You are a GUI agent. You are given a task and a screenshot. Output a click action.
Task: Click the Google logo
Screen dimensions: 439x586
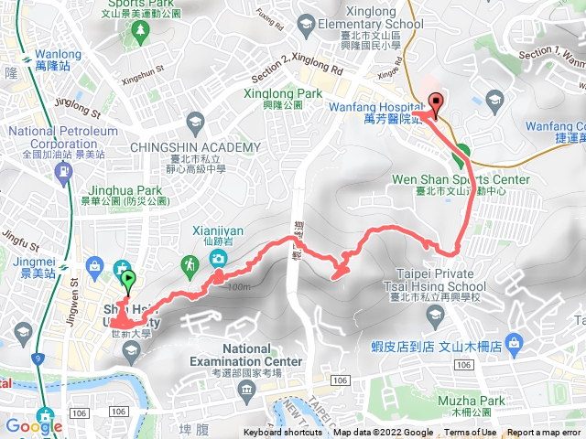pos(34,425)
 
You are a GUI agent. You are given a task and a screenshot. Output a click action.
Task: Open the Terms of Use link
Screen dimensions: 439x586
pos(471,433)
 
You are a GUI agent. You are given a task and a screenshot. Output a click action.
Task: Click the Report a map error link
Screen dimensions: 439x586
pos(546,433)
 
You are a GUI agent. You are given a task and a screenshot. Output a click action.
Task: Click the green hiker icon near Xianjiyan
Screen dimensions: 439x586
pos(190,265)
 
